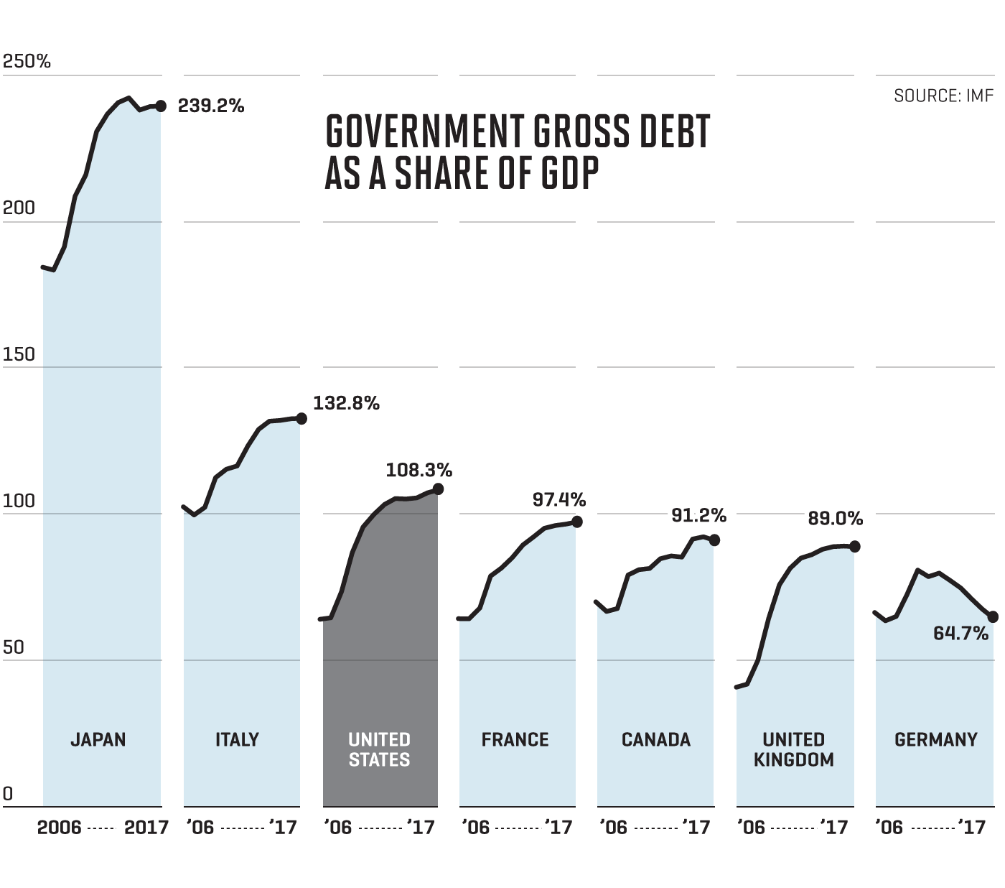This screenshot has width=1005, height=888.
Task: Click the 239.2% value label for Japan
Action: [x=211, y=106]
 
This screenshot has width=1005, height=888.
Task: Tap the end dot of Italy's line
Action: [x=301, y=418]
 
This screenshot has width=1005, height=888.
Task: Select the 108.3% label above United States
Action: [x=419, y=471]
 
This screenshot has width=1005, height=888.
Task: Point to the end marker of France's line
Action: [x=576, y=522]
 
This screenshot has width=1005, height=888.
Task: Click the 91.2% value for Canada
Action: [x=698, y=516]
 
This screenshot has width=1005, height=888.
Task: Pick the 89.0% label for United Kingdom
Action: [x=835, y=519]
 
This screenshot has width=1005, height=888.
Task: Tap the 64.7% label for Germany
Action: [x=960, y=634]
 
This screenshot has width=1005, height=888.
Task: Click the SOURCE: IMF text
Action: [x=943, y=96]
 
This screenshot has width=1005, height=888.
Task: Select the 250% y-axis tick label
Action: [x=27, y=62]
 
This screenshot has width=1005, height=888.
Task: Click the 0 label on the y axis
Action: [x=8, y=794]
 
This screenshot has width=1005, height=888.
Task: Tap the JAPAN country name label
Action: [x=98, y=739]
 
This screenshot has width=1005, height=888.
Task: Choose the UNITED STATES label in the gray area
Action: [x=379, y=749]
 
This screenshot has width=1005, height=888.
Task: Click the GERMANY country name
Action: [x=936, y=739]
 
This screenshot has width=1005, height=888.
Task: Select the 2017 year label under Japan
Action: [x=146, y=828]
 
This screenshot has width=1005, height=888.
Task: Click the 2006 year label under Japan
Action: [x=59, y=828]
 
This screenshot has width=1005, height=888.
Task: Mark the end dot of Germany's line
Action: [x=994, y=616]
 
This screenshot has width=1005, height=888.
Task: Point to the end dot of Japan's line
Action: [x=161, y=106]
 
